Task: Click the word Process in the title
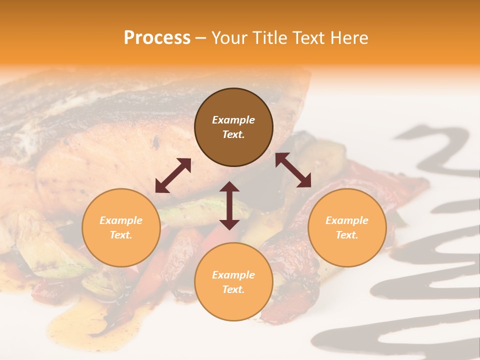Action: (x=157, y=38)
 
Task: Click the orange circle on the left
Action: (x=121, y=227)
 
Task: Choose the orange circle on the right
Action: (x=347, y=227)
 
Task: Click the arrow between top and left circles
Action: (x=173, y=175)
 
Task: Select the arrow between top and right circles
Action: (x=293, y=170)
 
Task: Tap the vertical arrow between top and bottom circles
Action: (x=229, y=205)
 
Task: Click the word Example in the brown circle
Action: (x=233, y=120)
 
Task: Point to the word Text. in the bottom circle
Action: (x=233, y=289)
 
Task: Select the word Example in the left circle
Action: (x=121, y=220)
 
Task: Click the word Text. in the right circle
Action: (x=347, y=235)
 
